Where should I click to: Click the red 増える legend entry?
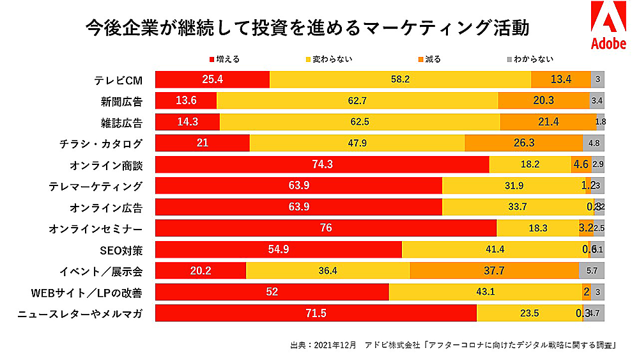[x=224, y=59]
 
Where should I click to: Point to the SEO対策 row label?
[x=120, y=250]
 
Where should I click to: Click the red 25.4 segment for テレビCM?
[x=212, y=80]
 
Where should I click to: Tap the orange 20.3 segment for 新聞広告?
[x=543, y=101]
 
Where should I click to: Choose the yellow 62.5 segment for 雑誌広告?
[x=360, y=122]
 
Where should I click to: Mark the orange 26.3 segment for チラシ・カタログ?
[x=523, y=143]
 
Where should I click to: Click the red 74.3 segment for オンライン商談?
[x=322, y=164]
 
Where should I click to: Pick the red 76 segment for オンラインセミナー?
[x=326, y=228]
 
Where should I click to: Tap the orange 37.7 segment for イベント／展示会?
[x=494, y=271]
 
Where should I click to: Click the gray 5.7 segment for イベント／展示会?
[x=592, y=271]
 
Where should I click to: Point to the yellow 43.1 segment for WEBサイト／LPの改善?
[x=486, y=292]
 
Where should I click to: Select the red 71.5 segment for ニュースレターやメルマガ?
[x=316, y=313]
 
